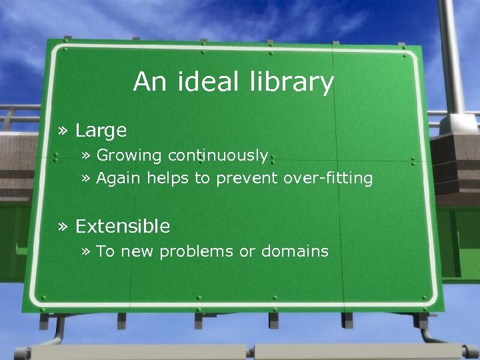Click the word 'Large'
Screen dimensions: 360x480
(x=101, y=131)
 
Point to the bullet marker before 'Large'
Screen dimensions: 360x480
(x=64, y=131)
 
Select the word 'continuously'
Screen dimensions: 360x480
(x=218, y=155)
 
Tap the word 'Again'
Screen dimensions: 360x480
(x=119, y=179)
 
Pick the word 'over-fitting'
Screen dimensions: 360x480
(x=328, y=178)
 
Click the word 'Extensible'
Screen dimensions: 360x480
(x=123, y=227)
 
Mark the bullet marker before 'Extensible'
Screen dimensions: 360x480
(x=64, y=227)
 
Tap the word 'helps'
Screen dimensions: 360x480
(x=167, y=179)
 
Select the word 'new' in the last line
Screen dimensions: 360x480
(x=135, y=251)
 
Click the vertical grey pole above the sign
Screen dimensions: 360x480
(x=453, y=53)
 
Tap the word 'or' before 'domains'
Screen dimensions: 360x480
(x=247, y=251)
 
